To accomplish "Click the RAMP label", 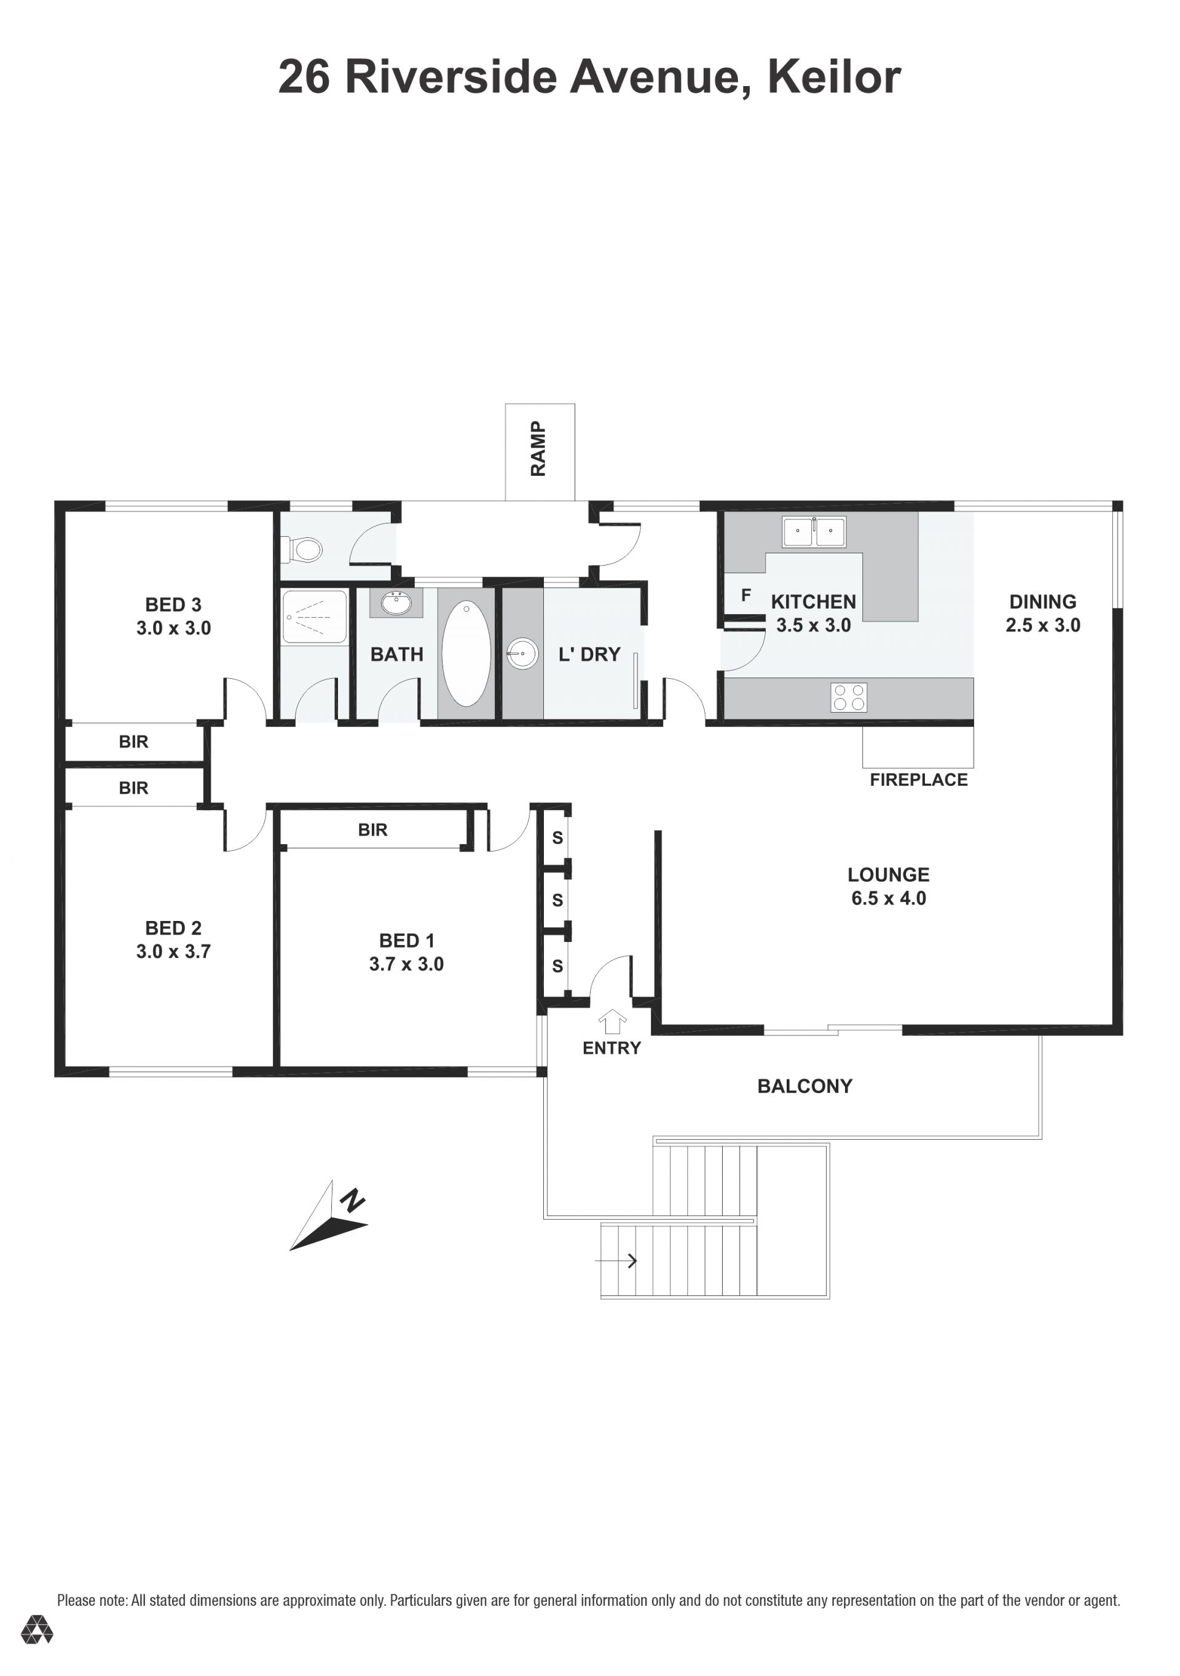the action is pos(538,448).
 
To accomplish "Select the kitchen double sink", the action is pos(814,531).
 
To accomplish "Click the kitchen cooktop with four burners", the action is pos(849,697).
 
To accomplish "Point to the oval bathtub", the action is pos(466,654).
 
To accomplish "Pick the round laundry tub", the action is pos(522,654).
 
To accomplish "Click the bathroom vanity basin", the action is pos(396,604).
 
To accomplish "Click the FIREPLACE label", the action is pos(918,780).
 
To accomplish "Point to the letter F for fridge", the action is pos(746,595).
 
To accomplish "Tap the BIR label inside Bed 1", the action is pos(372,829).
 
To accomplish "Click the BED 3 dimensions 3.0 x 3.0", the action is pos(174,628).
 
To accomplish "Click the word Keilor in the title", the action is pos(834,77).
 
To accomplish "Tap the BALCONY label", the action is pos(804,1086).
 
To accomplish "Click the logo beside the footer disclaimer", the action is pos(36,1629).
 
